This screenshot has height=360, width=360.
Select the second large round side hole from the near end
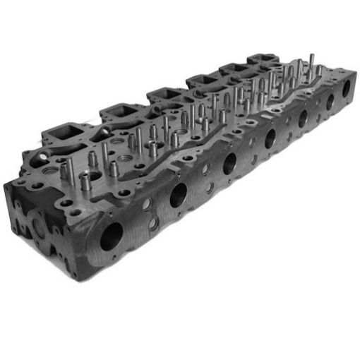coord(178,193)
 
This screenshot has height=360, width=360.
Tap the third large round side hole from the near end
coord(229,163)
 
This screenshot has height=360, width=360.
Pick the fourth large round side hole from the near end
coord(270,138)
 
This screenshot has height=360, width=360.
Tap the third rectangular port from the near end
coord(164,94)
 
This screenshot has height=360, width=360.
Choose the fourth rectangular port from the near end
coord(200,79)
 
